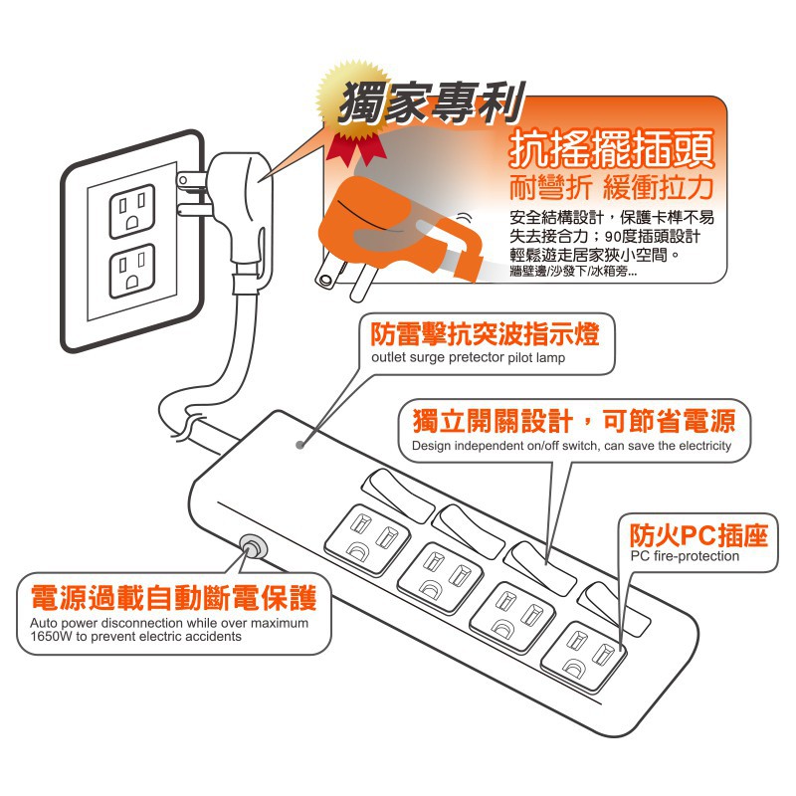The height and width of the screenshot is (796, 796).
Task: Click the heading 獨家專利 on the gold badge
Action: (x=431, y=103)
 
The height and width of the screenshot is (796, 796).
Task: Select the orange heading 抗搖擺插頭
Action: (x=612, y=148)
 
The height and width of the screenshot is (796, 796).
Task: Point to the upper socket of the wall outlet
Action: (x=132, y=211)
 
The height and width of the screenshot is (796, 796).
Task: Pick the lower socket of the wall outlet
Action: (x=132, y=271)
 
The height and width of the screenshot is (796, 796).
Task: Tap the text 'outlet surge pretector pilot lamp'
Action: (x=468, y=357)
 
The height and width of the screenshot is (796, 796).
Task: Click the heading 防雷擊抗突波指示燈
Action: (x=485, y=333)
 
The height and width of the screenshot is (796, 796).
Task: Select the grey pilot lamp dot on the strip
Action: (x=300, y=445)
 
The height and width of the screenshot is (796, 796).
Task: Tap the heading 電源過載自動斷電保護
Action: (x=174, y=598)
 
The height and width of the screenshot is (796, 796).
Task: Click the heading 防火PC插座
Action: (x=699, y=534)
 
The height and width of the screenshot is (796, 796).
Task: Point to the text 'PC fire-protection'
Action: (x=685, y=556)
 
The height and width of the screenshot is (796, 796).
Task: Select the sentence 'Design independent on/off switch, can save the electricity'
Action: (x=571, y=446)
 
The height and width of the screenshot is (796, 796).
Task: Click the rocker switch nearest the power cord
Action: (x=398, y=495)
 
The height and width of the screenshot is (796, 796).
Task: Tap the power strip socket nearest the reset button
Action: (x=367, y=539)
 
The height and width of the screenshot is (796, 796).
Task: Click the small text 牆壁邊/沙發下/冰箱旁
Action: (x=573, y=272)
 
